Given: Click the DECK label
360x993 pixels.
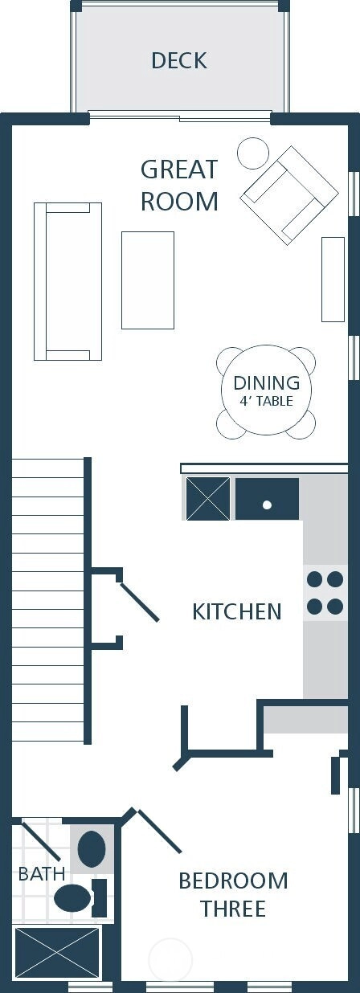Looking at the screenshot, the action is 179,61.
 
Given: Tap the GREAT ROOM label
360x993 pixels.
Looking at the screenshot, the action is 179,186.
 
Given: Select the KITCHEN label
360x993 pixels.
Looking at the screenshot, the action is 237,611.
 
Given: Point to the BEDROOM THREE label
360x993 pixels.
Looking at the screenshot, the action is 233,893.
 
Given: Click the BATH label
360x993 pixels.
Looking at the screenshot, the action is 42,874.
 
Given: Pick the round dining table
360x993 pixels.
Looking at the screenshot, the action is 266,390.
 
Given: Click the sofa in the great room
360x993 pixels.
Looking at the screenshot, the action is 67,281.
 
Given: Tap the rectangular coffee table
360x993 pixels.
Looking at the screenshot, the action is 148,280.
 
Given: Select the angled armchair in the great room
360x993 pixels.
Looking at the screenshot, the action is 289,195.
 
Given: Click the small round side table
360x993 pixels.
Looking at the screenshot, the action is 253,153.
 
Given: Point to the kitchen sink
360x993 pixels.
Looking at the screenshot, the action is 267,498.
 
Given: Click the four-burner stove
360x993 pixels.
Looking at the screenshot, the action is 325,592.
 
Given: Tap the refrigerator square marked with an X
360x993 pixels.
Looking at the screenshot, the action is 208,498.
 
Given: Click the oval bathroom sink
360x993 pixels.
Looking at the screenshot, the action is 92,849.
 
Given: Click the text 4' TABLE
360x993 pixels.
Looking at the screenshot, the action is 266,401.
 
